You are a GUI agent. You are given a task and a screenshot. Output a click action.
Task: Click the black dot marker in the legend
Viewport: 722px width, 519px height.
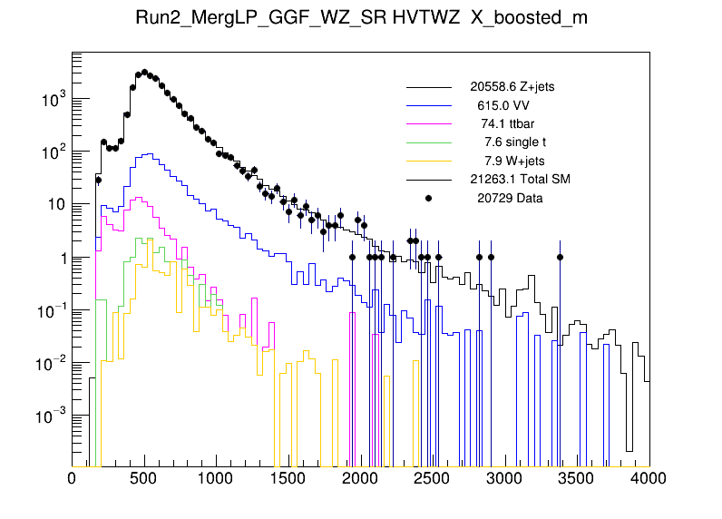429,197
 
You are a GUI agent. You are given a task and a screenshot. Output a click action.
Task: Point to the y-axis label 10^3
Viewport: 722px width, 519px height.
53,100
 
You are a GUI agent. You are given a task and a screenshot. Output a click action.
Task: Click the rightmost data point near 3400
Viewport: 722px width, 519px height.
561,257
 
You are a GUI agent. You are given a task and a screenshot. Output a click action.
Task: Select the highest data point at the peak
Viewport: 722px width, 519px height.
144,73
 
